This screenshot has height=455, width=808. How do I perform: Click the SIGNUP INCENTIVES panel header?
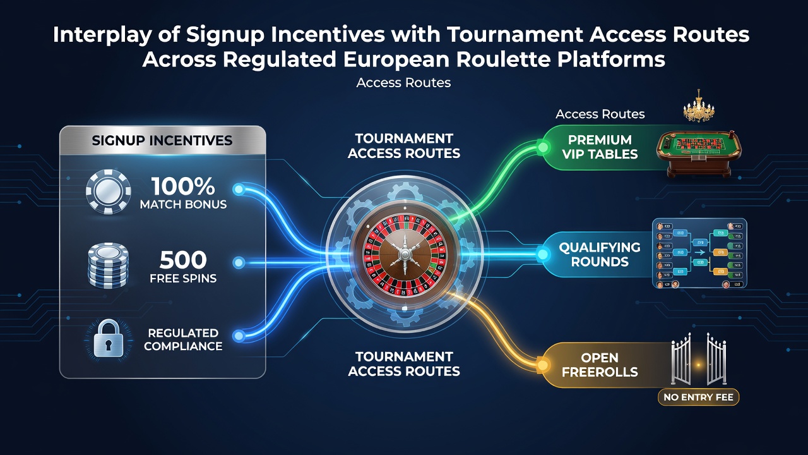tap(162, 140)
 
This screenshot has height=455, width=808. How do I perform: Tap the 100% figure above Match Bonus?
tap(183, 186)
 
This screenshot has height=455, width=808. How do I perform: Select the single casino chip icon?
tap(108, 191)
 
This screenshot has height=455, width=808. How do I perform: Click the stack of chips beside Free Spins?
tap(108, 265)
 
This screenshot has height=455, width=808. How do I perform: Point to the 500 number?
tap(183, 260)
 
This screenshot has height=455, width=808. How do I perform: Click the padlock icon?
tap(108, 339)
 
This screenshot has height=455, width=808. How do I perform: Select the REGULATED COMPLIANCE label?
tap(183, 339)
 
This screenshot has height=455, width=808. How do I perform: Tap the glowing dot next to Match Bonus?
tap(239, 190)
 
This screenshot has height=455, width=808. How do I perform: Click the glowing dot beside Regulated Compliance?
tap(239, 336)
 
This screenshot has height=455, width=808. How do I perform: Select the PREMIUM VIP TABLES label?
tap(600, 147)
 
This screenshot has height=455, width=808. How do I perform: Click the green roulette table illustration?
tap(698, 154)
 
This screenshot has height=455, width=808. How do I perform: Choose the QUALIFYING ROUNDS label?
tap(600, 255)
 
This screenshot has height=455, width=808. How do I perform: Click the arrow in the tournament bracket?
tap(699, 253)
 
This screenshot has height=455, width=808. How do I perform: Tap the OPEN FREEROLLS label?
tap(600, 365)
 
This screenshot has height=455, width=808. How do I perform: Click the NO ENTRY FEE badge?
tap(698, 397)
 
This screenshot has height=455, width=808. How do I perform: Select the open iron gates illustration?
tap(699, 360)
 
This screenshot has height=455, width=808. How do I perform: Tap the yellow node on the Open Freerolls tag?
tap(542, 365)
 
